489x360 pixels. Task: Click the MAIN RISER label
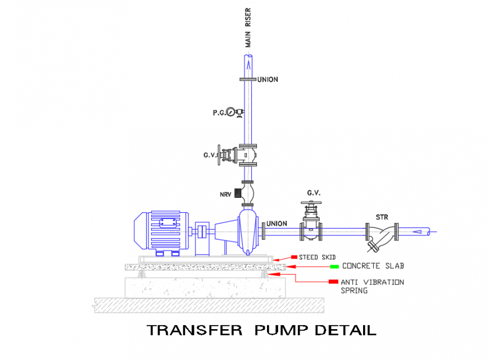pyautogui.click(x=248, y=28)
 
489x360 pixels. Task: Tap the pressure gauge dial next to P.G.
pyautogui.click(x=231, y=112)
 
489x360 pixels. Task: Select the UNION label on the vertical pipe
pyautogui.click(x=268, y=80)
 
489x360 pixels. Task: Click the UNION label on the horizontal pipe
pyautogui.click(x=277, y=224)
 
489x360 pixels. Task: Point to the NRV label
pyautogui.click(x=225, y=194)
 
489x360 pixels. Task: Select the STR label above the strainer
pyautogui.click(x=383, y=217)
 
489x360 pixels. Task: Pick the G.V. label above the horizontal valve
pyautogui.click(x=314, y=193)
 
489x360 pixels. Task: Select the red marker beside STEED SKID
pyautogui.click(x=294, y=257)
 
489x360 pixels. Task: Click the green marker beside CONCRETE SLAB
pyautogui.click(x=334, y=266)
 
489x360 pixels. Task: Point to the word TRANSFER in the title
pyautogui.click(x=194, y=330)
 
